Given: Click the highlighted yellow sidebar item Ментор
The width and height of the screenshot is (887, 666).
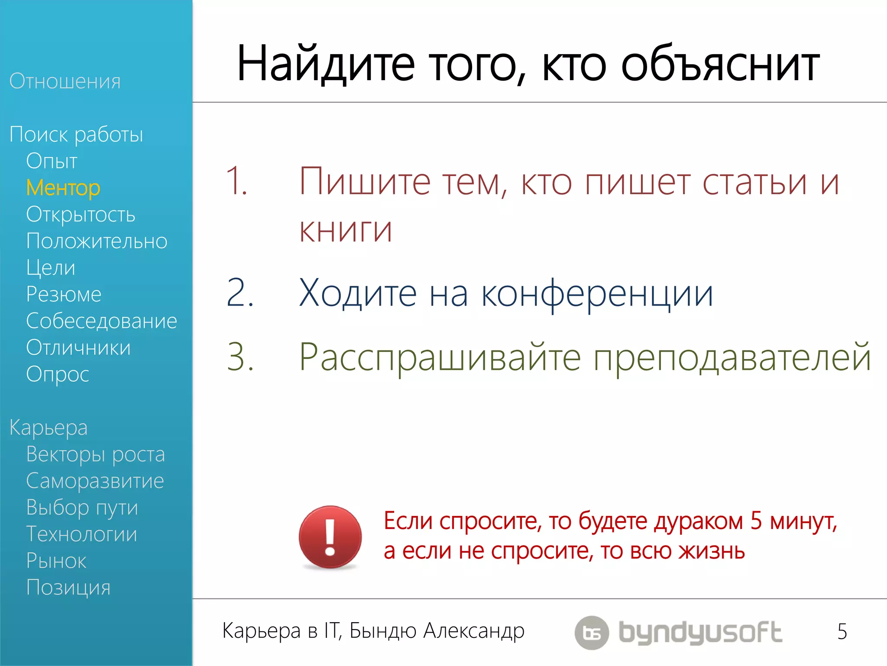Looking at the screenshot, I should (x=63, y=188).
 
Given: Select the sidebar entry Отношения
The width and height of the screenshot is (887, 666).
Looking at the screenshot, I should (x=65, y=81).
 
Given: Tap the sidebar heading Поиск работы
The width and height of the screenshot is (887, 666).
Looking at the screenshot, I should (x=76, y=134).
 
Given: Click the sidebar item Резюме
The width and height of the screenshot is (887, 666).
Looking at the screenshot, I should (x=64, y=294).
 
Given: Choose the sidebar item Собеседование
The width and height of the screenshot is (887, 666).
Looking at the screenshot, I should (x=101, y=321).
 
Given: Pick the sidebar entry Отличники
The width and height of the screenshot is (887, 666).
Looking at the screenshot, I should (x=78, y=348).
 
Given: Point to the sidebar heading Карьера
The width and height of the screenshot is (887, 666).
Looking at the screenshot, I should (x=49, y=428).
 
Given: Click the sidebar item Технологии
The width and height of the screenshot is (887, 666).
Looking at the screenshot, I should (x=81, y=534).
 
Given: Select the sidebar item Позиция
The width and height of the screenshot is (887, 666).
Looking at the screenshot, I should (x=68, y=588).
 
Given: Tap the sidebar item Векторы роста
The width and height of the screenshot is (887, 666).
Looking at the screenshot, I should (x=95, y=454).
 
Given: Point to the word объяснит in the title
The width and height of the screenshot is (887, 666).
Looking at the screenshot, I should (x=720, y=64).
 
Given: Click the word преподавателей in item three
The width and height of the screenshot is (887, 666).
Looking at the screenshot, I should (x=732, y=358).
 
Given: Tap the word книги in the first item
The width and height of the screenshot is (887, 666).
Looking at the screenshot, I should (x=346, y=229).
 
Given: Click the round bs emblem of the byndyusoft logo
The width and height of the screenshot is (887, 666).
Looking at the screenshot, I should (x=592, y=633).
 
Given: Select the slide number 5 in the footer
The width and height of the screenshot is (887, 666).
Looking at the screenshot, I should (x=842, y=631).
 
